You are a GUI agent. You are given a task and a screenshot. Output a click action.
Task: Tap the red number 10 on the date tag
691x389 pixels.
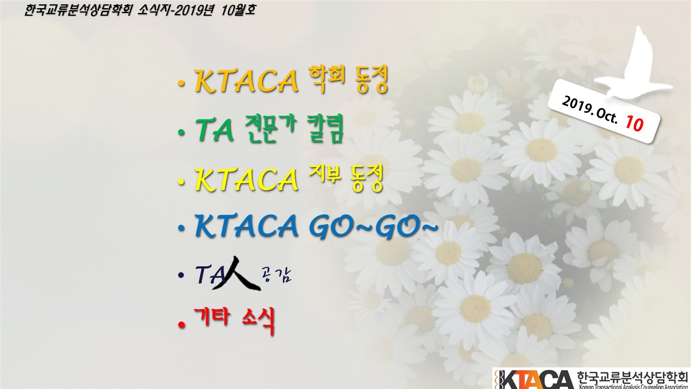[634, 124]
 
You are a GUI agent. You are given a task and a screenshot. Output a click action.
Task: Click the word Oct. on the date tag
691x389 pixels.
[606, 116]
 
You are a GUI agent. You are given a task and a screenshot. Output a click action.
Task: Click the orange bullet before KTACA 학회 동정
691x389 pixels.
[181, 83]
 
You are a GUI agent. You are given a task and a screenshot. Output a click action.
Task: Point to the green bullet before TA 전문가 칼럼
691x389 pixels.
[181, 133]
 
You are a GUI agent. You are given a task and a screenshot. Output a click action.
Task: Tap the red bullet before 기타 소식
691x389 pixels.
[182, 325]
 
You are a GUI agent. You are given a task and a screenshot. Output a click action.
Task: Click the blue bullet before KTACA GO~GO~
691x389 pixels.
[181, 229]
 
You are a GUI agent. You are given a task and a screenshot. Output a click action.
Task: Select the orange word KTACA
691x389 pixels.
[247, 81]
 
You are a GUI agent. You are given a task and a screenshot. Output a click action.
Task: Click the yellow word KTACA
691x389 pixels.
[247, 179]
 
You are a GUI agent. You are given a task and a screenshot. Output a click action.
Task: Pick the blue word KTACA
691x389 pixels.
[247, 226]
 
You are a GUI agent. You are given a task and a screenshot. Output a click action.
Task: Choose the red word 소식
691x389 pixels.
[258, 320]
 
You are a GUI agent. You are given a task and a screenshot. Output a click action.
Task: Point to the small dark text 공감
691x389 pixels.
[276, 275]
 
